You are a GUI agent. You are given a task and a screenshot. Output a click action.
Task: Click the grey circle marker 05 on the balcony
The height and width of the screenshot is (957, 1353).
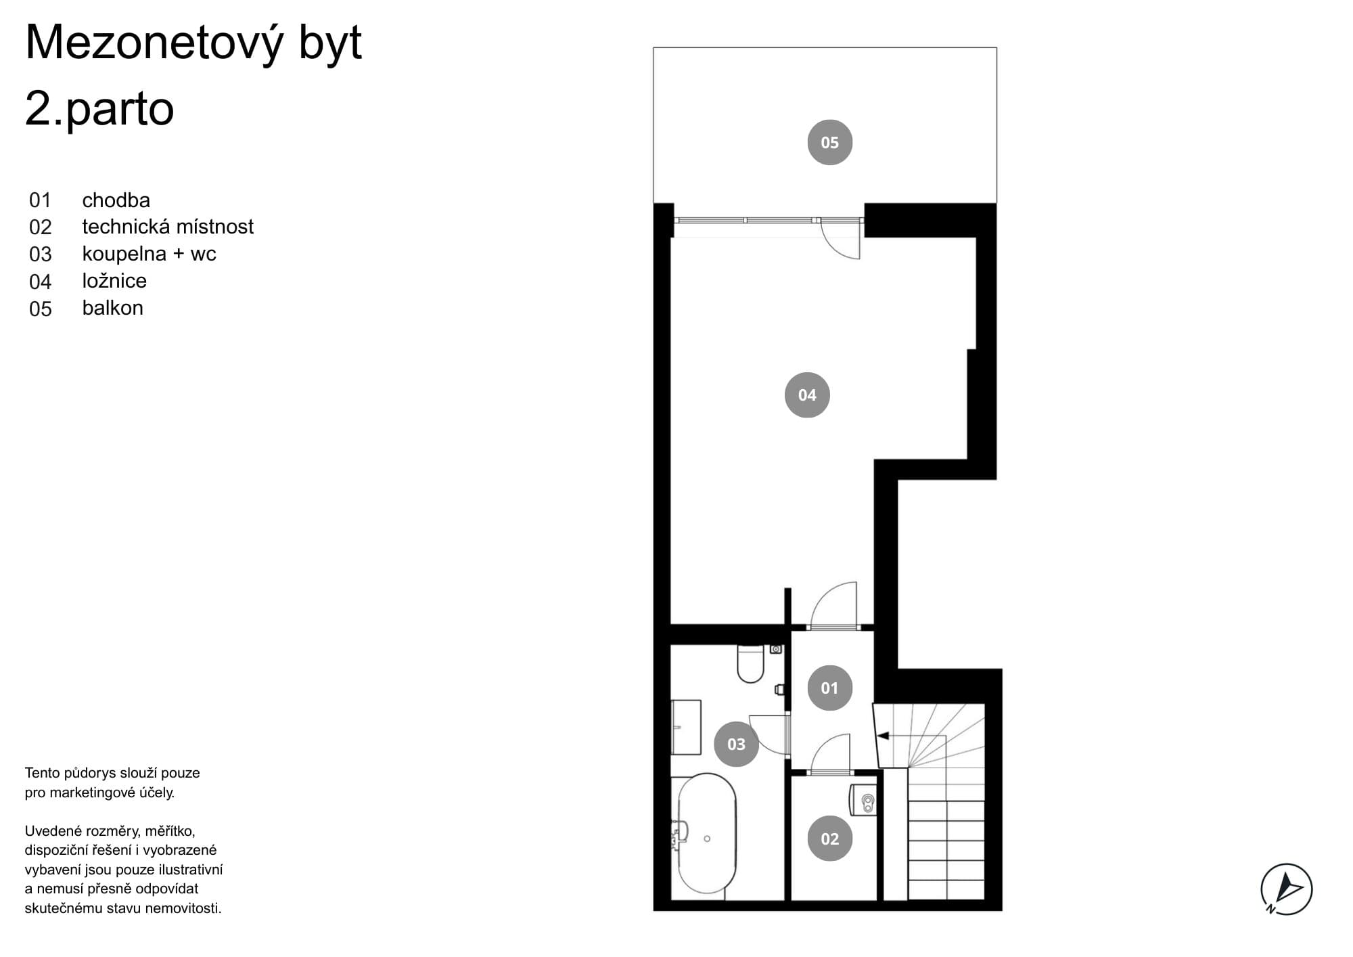pos(829,142)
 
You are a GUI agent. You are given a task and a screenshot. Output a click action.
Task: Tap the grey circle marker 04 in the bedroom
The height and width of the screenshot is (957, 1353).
pos(807,395)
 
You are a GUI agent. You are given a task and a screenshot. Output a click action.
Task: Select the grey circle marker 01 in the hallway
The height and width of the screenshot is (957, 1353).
pos(829,688)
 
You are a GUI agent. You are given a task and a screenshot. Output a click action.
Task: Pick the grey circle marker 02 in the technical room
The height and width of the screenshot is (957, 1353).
pos(829,839)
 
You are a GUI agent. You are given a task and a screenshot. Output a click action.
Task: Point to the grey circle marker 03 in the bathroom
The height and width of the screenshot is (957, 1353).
pos(736,744)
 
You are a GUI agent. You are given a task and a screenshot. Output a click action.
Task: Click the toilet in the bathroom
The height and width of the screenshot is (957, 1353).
pos(750,663)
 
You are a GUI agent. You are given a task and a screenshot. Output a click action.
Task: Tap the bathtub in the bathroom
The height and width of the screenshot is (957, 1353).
pos(706,834)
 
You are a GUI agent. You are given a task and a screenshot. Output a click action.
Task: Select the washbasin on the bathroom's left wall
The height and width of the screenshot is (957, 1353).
pos(686,727)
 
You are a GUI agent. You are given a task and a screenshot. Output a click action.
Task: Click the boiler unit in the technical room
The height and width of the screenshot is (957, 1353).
pos(863,800)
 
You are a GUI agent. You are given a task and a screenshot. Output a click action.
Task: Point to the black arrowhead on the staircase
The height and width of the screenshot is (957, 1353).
pos(881,735)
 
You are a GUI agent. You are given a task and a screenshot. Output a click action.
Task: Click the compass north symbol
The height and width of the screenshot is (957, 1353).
pos(1286,889)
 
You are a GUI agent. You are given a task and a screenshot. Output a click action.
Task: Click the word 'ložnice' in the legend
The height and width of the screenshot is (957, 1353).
pos(114,281)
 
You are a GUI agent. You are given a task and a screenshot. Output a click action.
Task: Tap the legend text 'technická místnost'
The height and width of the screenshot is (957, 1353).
pos(168,226)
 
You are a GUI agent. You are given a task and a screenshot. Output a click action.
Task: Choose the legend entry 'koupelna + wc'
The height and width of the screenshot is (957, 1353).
pos(149,254)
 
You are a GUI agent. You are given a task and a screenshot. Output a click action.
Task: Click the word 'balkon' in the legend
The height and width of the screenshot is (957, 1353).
pos(112,308)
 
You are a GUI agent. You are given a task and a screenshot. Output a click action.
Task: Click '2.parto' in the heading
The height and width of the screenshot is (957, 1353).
pos(99,109)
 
